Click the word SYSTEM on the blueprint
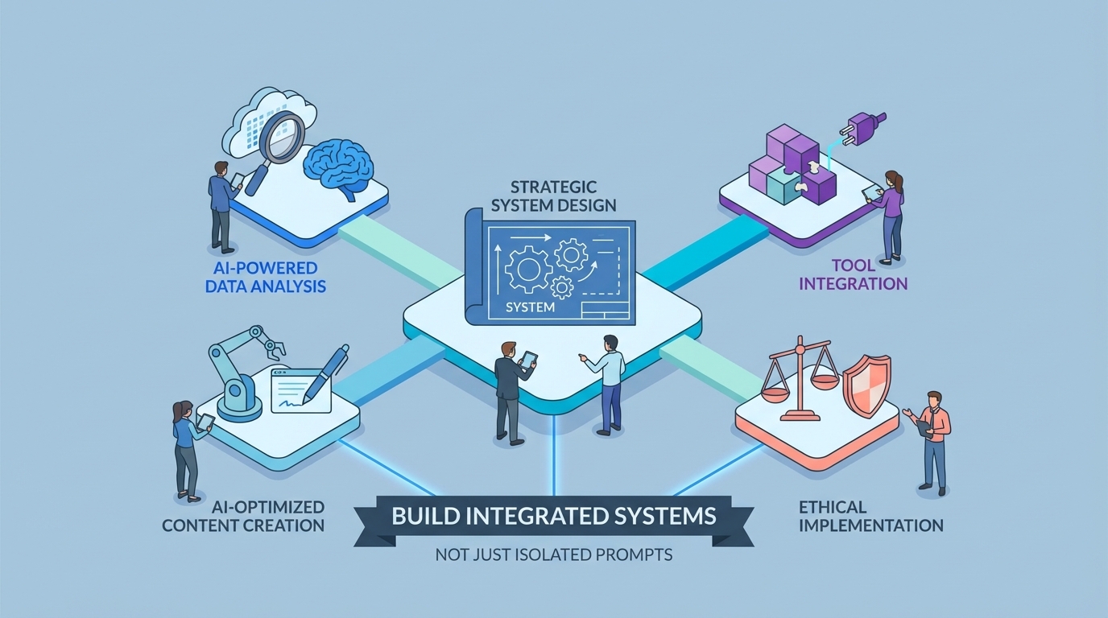click(x=531, y=307)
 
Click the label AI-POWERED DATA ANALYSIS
click(x=266, y=276)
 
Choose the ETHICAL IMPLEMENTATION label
click(x=871, y=516)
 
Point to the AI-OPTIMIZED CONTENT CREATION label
click(x=243, y=516)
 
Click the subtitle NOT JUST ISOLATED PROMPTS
click(x=553, y=554)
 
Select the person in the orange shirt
click(x=934, y=439)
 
